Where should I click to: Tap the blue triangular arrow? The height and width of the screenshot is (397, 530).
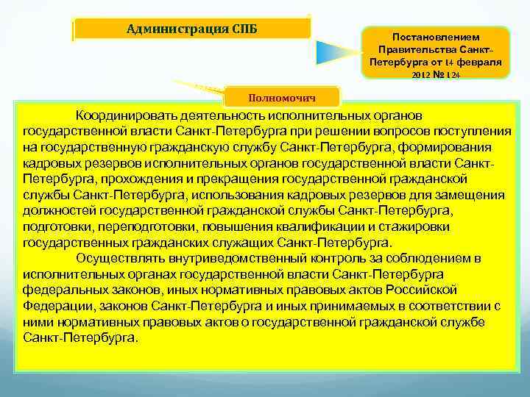pyautogui.click(x=338, y=52)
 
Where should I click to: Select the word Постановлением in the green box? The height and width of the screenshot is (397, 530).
pyautogui.click(x=436, y=36)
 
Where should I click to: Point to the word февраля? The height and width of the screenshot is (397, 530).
pyautogui.click(x=478, y=62)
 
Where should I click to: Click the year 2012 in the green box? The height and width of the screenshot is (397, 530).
pyautogui.click(x=421, y=75)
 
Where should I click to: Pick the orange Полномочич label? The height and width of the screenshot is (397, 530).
pyautogui.click(x=292, y=96)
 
